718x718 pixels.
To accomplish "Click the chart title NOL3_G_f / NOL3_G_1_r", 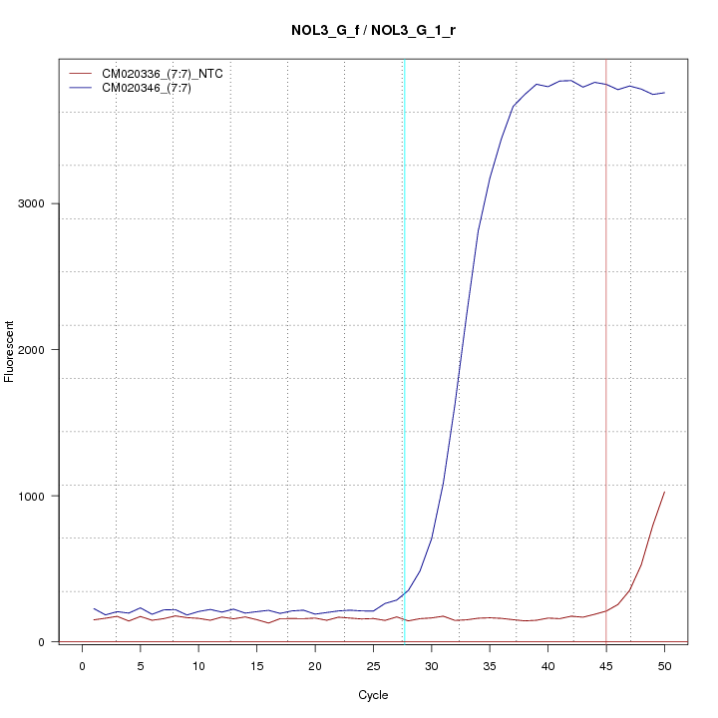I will click(373, 31).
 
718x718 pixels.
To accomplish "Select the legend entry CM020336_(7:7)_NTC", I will click(169, 74).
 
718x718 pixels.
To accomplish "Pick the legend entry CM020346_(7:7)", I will click(154, 88).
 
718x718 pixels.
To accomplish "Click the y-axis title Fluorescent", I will click(11, 351).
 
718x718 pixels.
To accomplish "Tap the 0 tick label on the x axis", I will click(82, 664).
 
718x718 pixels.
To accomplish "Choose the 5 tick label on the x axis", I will click(141, 664).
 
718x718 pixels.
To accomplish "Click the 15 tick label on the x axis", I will click(257, 664).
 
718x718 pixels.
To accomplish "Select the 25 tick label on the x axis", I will click(374, 664).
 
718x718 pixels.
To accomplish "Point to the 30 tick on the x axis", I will click(432, 664).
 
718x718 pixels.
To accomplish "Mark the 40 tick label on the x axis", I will click(548, 664).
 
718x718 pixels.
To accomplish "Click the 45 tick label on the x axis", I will click(606, 664).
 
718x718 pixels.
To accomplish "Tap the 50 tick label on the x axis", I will click(665, 664).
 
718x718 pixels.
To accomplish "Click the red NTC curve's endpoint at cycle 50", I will click(664, 492).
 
